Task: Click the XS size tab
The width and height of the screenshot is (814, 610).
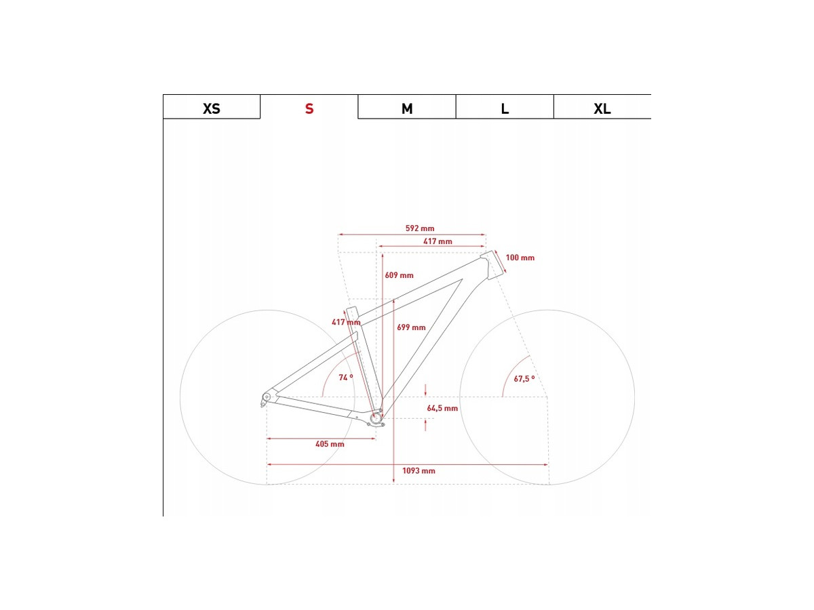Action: pos(212,107)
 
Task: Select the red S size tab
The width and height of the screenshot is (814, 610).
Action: pos(309,107)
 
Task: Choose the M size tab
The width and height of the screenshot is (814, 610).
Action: pos(407,107)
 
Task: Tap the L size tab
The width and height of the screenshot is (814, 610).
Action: pos(505,107)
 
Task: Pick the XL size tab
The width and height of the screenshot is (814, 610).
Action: pos(602,107)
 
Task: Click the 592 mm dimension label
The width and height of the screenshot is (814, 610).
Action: pos(420,228)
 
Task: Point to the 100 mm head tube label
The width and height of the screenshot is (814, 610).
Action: pos(520,258)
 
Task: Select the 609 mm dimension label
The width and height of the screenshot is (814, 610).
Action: pos(399,275)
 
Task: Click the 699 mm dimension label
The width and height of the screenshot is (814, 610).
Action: pos(411,327)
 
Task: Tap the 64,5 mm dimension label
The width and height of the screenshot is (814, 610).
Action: pos(442,408)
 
